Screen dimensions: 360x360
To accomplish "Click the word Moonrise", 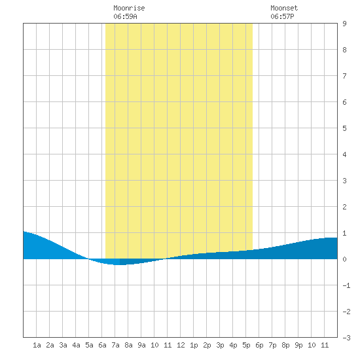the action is coord(129,8).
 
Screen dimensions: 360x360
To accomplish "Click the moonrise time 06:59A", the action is coord(125,16).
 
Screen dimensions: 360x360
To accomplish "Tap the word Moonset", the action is coord(284,8).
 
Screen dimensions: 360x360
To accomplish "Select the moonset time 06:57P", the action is coord(282,16).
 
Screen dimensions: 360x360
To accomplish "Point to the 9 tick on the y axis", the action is coord(344,24).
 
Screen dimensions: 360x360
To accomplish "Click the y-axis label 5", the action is coord(344,128).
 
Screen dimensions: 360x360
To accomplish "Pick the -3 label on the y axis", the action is coord(346,338).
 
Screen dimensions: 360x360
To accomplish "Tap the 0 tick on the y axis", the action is coord(344,259).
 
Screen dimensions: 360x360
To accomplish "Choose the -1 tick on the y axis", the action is coord(346,285).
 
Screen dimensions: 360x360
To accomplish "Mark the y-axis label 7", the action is coord(344,76).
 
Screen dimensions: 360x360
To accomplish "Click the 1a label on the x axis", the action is coord(37,345).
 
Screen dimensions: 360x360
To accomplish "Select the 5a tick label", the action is coord(89,345).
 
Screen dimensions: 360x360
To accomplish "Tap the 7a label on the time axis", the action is coord(115,345).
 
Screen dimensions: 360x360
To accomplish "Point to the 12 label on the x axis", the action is coord(181,345).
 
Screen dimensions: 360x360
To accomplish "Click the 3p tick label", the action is coord(220,345).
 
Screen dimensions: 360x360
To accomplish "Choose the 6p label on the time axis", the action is coord(259,345).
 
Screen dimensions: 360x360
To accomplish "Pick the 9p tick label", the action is coord(298,345).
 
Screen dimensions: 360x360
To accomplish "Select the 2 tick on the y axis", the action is coord(344,207).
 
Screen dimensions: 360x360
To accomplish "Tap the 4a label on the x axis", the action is coord(76,345).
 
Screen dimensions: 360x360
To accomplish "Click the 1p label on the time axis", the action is coord(194,345).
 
